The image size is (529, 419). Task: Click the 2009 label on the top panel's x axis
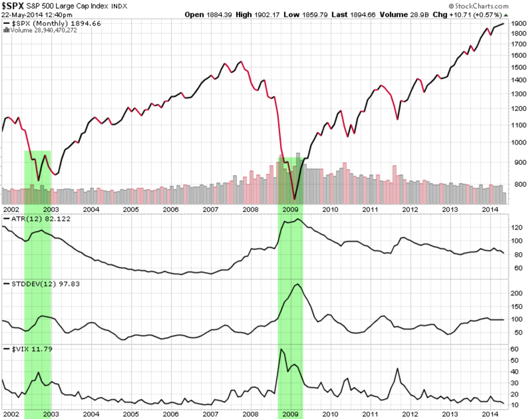click(290, 208)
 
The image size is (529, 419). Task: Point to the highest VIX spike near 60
click(281, 349)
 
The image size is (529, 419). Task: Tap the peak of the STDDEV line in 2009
click(297, 285)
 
